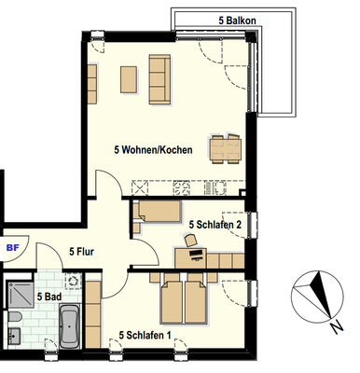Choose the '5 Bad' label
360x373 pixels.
(x=48, y=296)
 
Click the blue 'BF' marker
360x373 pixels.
(x=13, y=248)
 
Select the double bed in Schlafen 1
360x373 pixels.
(x=185, y=298)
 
